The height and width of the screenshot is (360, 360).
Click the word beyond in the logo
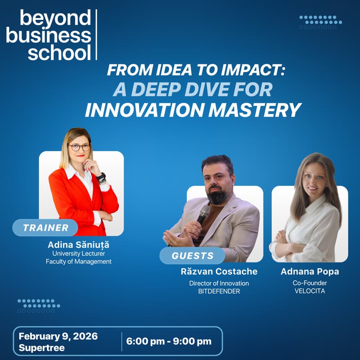pos(55,19)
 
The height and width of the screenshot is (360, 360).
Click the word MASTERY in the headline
pos(258,109)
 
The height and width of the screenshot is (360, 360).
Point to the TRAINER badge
pos(45,228)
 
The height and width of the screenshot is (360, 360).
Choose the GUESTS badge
pos(192,256)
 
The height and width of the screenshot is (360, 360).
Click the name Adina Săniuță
pos(78,245)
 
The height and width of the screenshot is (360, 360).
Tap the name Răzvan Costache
pos(219,272)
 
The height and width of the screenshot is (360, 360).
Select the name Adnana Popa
pos(310,272)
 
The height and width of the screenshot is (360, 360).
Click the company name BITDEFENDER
pos(219,291)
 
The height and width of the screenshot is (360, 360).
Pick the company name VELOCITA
pos(310,291)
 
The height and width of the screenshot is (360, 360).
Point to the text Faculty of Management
pos(78,261)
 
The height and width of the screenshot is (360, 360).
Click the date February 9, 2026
pos(58,336)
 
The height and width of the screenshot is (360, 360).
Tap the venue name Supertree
pos(41,348)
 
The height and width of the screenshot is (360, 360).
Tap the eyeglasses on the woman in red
pos(80,147)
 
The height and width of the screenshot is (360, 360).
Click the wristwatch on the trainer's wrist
pos(101,177)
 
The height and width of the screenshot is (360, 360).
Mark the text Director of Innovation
pos(219,283)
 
